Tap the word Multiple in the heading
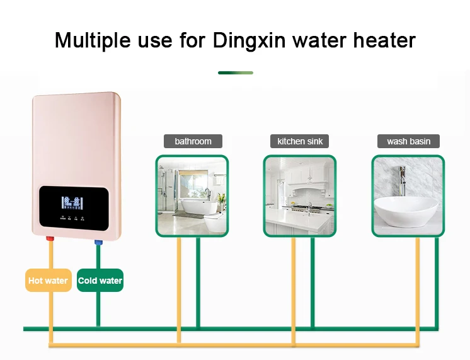(x=92, y=40)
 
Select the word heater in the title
(x=382, y=40)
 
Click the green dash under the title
(x=235, y=73)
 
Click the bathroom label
(x=193, y=141)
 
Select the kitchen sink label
(x=300, y=141)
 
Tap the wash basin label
(x=408, y=141)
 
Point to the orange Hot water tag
(x=48, y=281)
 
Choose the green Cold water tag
(x=100, y=281)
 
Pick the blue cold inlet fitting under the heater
(x=98, y=241)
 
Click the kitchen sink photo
(x=300, y=196)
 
